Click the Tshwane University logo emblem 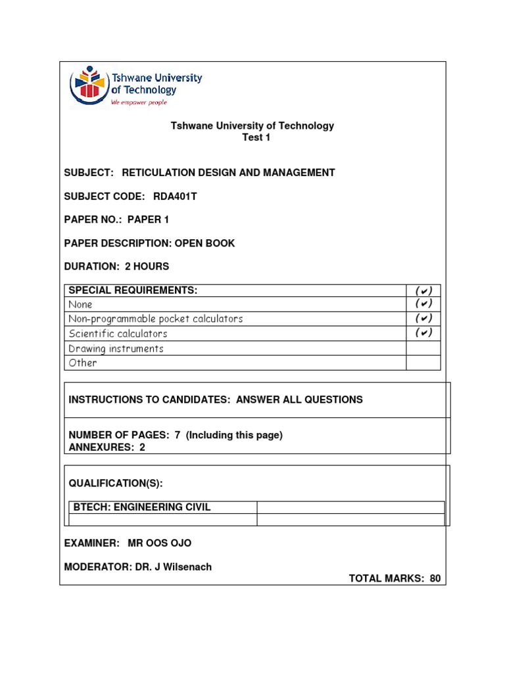click(x=89, y=85)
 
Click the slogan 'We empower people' click(x=139, y=103)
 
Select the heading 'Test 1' click(x=256, y=137)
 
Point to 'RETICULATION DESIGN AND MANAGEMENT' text click(x=228, y=173)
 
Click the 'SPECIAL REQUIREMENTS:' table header click(x=133, y=290)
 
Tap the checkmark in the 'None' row click(x=423, y=304)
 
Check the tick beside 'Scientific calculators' click(x=423, y=333)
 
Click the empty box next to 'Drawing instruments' click(x=423, y=348)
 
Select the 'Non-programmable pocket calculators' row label click(x=156, y=319)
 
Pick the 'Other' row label click(x=83, y=363)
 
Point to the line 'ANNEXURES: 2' click(x=107, y=447)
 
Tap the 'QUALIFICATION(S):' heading click(x=116, y=484)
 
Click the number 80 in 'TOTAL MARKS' click(x=434, y=578)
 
